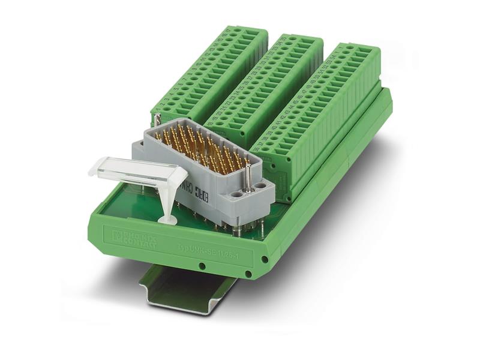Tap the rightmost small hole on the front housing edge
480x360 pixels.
tap(264, 260)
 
